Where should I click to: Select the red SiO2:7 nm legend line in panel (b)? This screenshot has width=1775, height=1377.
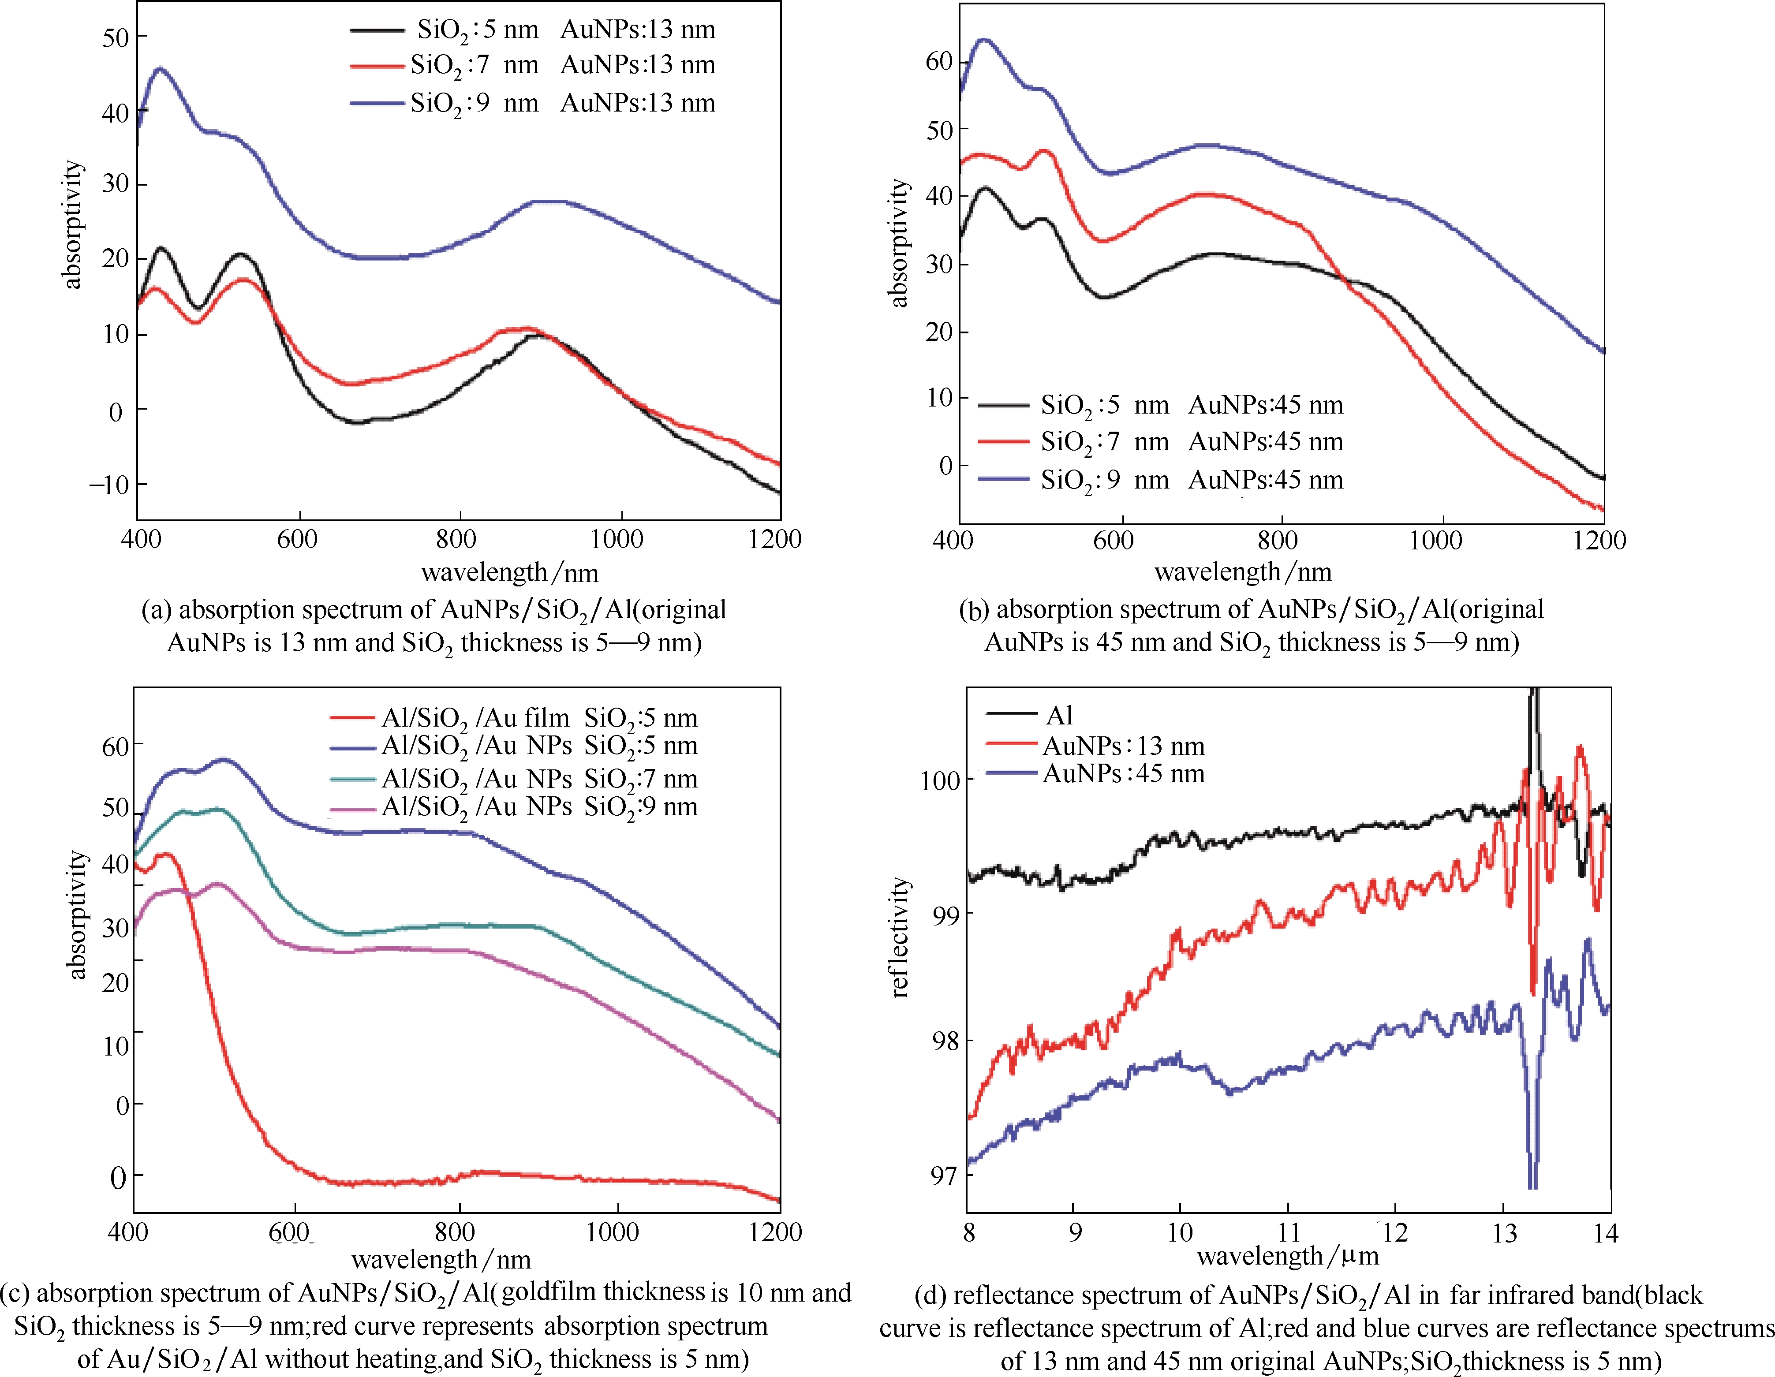tap(1004, 441)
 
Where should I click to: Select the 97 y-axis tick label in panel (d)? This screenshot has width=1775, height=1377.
tap(945, 1175)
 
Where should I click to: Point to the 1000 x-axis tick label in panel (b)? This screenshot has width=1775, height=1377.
tap(1435, 540)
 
